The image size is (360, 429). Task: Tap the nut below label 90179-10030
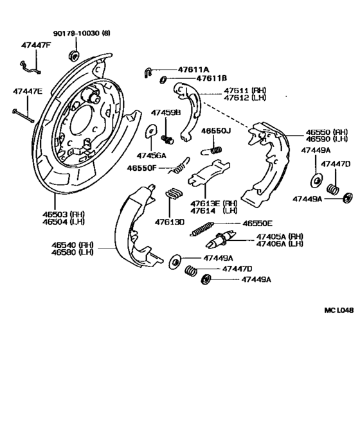point(74,55)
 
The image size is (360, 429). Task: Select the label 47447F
point(36,46)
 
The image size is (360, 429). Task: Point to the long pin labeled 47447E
point(23,116)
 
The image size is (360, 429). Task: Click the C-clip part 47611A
point(148,72)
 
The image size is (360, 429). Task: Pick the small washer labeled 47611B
point(163,80)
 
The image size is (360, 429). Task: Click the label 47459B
point(166,112)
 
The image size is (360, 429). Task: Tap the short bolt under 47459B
point(167,139)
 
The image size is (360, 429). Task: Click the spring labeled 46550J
point(212,151)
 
